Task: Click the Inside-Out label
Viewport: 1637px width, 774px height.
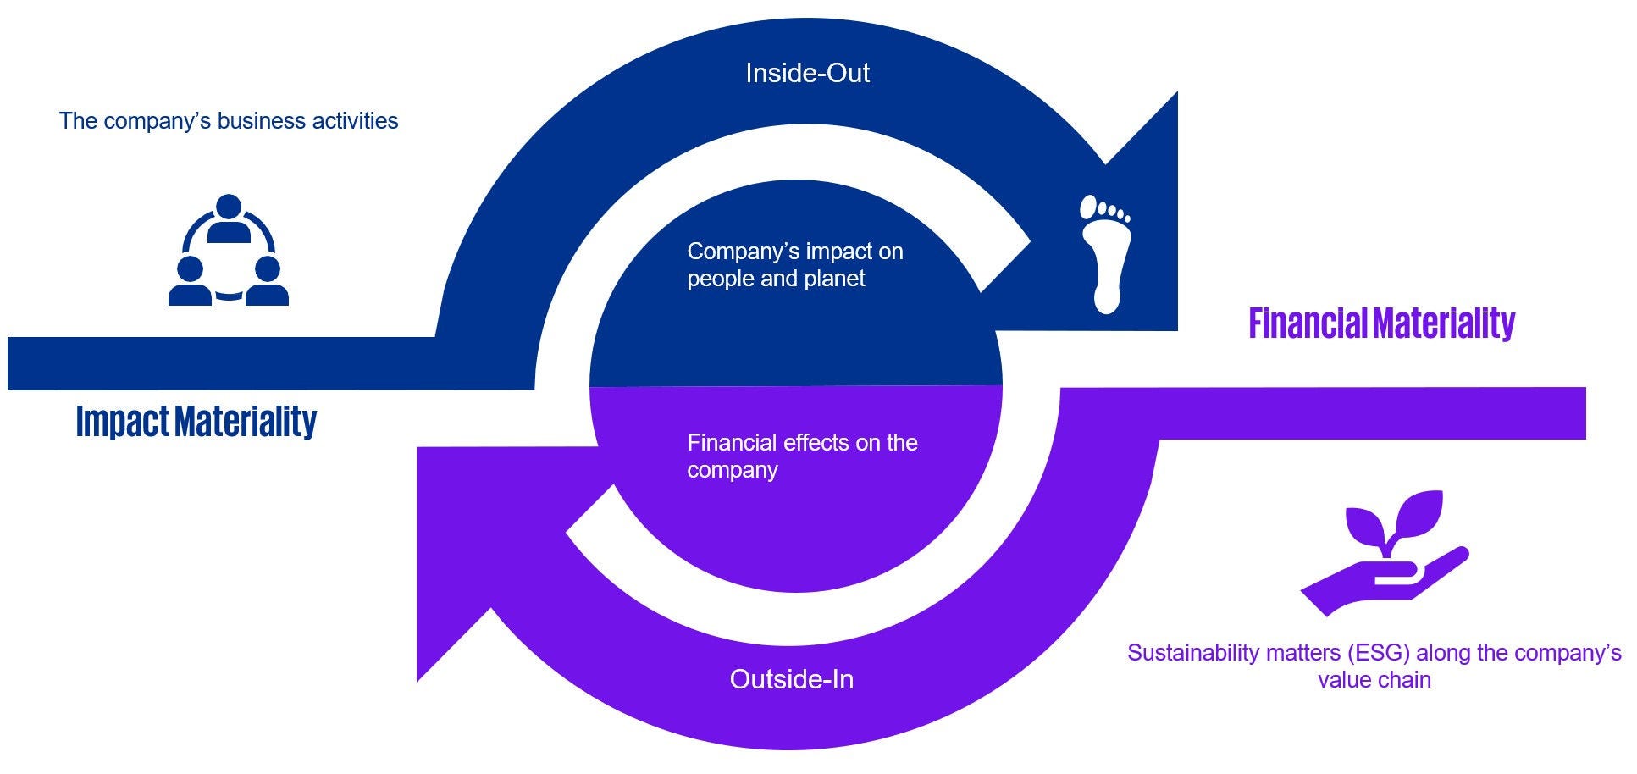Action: (x=807, y=73)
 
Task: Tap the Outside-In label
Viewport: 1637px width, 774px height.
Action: (x=791, y=679)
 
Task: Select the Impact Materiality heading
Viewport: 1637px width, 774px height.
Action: (x=196, y=421)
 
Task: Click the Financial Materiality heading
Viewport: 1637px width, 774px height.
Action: (x=1381, y=323)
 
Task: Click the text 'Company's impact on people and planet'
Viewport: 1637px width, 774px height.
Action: (x=794, y=264)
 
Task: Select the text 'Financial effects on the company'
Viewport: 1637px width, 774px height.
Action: (x=801, y=456)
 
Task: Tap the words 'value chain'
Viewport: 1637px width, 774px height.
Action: (x=1374, y=680)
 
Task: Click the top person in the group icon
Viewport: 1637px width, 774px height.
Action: (x=229, y=218)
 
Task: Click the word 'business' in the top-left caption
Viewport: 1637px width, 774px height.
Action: (x=262, y=121)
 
